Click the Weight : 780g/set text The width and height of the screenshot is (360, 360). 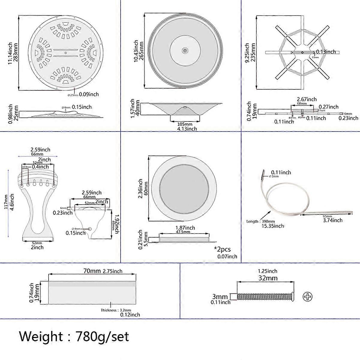pos(74,336)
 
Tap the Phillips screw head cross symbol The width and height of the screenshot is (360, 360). pos(307,297)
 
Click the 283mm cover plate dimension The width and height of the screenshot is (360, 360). pos(16,52)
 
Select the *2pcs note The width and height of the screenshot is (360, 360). pos(222,249)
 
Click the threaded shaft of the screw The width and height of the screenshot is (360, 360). pos(264,297)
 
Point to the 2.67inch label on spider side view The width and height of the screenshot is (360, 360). pos(307,99)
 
